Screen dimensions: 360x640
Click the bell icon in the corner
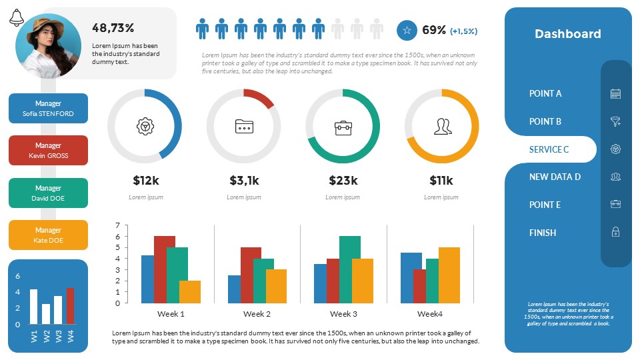pos(17,19)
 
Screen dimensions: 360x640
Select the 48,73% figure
pos(113,28)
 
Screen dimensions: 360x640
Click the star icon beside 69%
pos(407,30)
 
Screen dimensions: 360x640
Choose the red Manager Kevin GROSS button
pos(48,150)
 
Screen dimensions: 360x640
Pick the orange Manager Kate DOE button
pos(48,235)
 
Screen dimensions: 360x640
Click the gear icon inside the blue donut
pos(144,126)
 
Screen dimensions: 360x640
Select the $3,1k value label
pos(245,180)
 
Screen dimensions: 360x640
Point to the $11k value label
pos(441,180)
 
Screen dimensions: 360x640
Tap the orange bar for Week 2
pos(276,286)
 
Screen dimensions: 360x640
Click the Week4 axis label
pos(429,313)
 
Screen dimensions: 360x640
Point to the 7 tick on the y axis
pos(117,225)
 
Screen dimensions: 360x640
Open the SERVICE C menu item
pos(549,149)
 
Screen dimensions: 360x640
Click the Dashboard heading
pos(567,34)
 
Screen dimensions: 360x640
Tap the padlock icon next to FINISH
pos(615,232)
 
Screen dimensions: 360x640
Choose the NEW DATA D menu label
pos(555,177)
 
